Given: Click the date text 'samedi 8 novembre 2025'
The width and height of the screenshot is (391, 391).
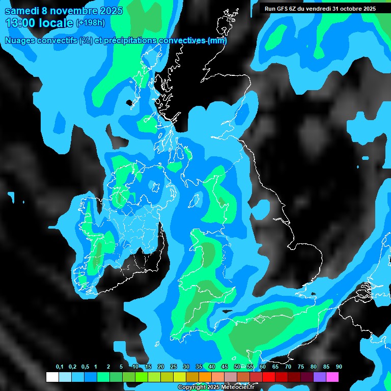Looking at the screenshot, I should click(x=63, y=11).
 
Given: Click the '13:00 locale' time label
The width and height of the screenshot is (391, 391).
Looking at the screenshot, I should click(x=39, y=23).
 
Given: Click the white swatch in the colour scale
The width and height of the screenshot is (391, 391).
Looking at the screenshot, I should click(x=52, y=377).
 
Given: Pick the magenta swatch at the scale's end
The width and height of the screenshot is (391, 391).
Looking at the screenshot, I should click(x=332, y=377).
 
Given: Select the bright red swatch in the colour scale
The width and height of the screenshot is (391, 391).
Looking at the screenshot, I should click(x=269, y=377).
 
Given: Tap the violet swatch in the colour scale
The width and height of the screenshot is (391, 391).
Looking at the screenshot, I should click(x=320, y=377).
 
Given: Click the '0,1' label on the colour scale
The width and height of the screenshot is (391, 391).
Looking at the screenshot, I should click(x=60, y=367).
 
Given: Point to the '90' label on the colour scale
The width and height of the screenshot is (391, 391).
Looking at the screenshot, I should click(x=339, y=367).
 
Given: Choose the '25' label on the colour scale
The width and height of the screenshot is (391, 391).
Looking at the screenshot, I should click(x=174, y=367).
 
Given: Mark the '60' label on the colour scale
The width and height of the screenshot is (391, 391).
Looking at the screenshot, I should click(x=263, y=367).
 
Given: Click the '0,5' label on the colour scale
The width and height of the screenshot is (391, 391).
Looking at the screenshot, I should click(x=85, y=367).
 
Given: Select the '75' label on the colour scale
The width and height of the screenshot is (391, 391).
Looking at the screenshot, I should click(x=301, y=367).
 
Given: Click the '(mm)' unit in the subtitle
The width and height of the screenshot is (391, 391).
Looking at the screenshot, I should click(x=217, y=41).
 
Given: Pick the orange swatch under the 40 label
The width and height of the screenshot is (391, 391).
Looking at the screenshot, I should click(x=205, y=377).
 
